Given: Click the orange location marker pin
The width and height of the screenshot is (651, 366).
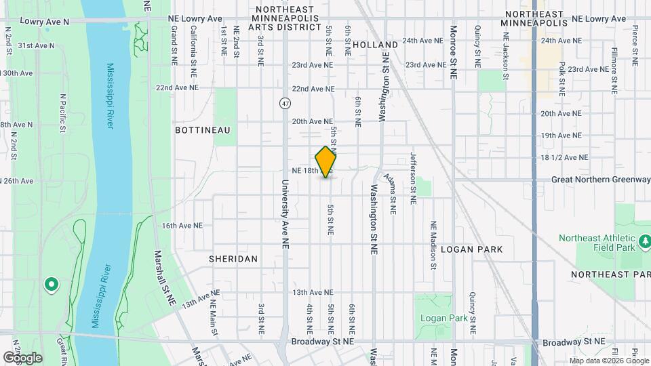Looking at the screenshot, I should pyautogui.click(x=326, y=162).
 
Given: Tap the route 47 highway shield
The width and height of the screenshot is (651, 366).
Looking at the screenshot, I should pyautogui.click(x=285, y=103).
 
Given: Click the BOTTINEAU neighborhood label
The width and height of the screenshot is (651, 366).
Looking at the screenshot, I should pyautogui.click(x=203, y=129).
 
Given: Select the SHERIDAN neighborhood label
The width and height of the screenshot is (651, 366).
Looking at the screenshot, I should pyautogui.click(x=233, y=259).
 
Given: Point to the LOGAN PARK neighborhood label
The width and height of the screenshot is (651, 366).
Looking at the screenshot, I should pyautogui.click(x=472, y=249).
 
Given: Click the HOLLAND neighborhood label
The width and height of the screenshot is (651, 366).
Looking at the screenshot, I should pyautogui.click(x=375, y=45).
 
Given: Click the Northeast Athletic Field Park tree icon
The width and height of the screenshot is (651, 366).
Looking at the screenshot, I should pyautogui.click(x=645, y=240).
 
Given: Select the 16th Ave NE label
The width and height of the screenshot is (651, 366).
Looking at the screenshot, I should pyautogui.click(x=179, y=226).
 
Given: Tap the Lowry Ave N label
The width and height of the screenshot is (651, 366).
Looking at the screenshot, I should pyautogui.click(x=45, y=22).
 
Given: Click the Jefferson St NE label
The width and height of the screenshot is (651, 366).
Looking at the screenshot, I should pyautogui.click(x=412, y=178).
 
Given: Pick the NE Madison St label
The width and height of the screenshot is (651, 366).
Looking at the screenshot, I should pyautogui.click(x=433, y=245).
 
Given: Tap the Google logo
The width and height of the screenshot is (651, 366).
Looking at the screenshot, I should pyautogui.click(x=22, y=358).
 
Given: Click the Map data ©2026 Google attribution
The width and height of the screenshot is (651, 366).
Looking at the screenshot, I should pyautogui.click(x=608, y=361).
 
